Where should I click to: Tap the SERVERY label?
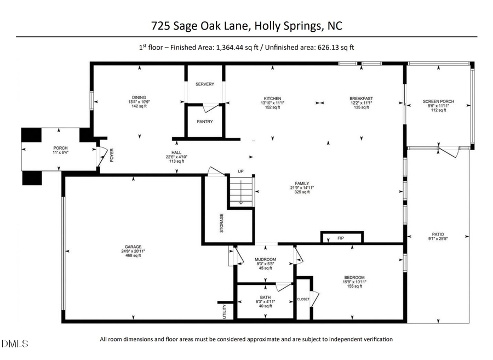pos(205,84)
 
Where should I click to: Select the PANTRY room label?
pos(205,121)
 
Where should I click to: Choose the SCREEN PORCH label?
pos(438,101)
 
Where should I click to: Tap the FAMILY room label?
pos(302,184)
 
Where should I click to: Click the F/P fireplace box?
pos(341,237)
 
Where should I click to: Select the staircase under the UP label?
pos(240,195)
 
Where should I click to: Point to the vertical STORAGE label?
pos(221,223)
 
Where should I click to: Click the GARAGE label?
pos(133,247)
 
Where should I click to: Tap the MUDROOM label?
pos(265,259)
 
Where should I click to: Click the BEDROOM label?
pos(354,277)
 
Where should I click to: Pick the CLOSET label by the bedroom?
pos(303,299)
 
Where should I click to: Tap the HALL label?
pos(176,153)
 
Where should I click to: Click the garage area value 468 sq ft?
pos(133,255)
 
